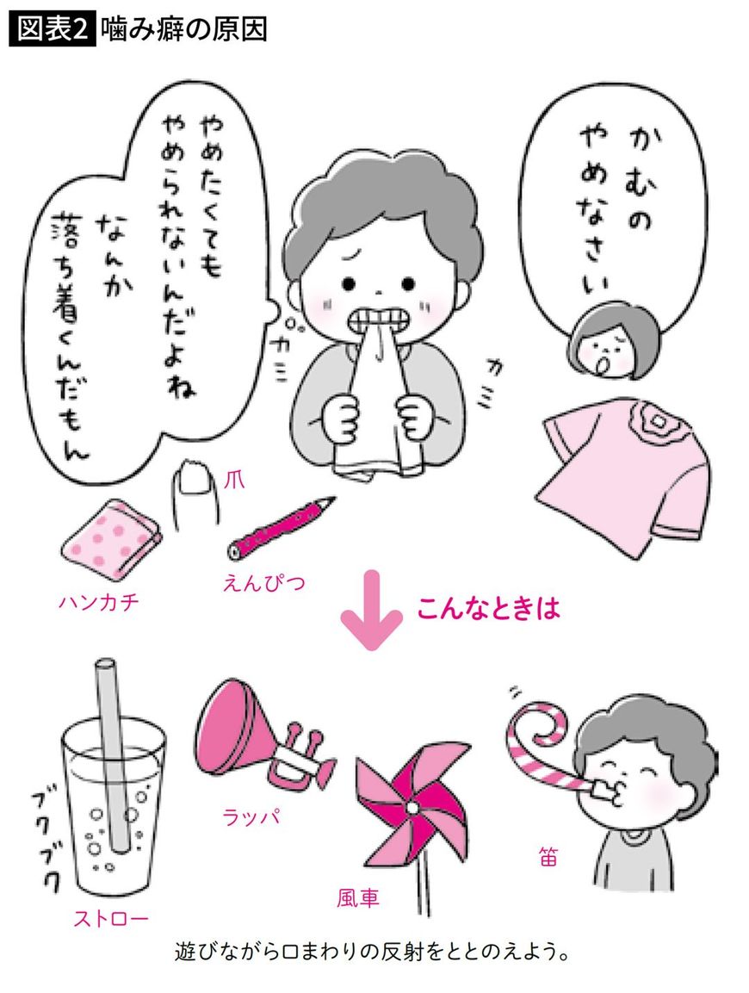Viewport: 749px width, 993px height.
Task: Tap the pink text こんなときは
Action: [488, 610]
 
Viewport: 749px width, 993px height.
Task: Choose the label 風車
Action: [358, 898]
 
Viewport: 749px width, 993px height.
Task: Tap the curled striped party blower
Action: [548, 732]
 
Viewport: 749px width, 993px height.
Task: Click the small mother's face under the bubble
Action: [597, 344]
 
